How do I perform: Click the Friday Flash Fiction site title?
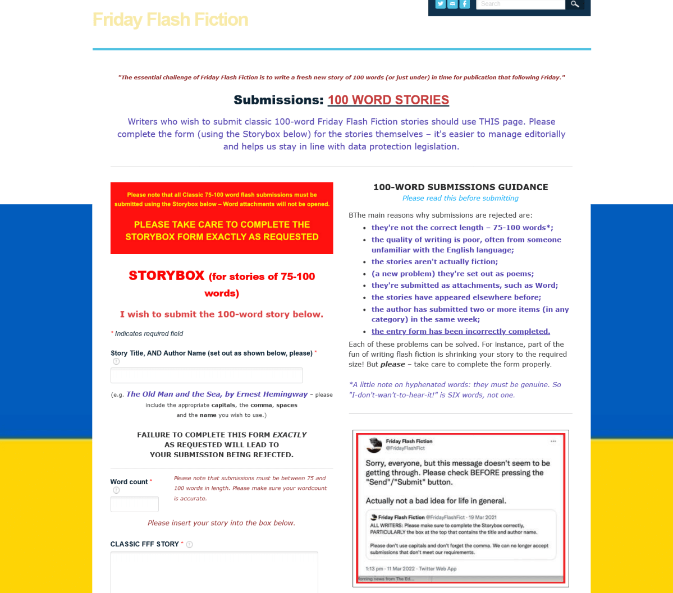click(x=170, y=20)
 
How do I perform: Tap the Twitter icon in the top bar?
click(x=441, y=4)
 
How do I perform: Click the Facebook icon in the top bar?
click(x=464, y=4)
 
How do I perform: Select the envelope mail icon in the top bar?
click(x=452, y=4)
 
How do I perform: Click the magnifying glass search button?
click(x=574, y=4)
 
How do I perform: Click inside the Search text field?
click(x=520, y=4)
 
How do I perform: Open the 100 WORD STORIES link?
click(x=388, y=100)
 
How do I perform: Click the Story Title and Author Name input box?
click(x=207, y=375)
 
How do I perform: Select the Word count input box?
click(x=135, y=504)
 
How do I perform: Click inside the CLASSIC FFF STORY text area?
click(x=214, y=572)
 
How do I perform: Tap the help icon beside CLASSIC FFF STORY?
click(x=189, y=544)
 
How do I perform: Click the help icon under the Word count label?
click(x=116, y=490)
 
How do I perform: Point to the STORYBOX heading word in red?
click(x=166, y=275)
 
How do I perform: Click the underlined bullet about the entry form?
click(x=460, y=331)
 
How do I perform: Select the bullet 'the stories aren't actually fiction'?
click(x=434, y=261)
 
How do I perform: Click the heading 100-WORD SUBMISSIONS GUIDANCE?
click(x=460, y=187)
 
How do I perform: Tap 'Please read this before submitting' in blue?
click(x=460, y=198)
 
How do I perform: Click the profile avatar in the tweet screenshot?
click(x=374, y=445)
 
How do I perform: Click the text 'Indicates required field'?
click(x=149, y=333)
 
